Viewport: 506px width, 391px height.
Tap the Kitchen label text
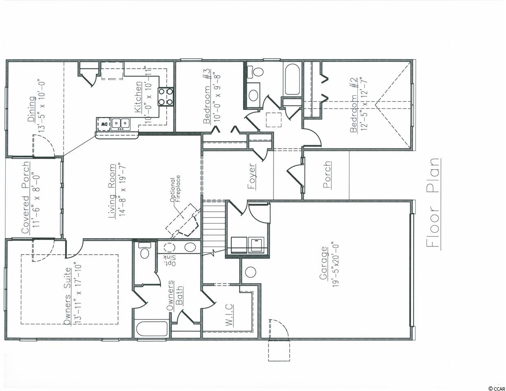coord(138,97)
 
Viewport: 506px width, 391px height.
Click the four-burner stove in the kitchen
coord(165,97)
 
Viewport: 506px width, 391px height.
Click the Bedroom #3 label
coord(207,96)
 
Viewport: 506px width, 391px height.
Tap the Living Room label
coord(112,191)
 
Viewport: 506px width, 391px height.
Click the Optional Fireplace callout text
coord(175,190)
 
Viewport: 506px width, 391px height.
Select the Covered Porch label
coord(26,198)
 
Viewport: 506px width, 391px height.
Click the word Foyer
coord(251,176)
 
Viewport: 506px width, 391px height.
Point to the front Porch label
coord(327,175)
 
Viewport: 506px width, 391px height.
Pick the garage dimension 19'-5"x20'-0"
coord(335,266)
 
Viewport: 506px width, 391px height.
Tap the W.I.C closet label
coord(229,315)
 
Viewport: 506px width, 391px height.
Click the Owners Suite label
coord(67,296)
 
